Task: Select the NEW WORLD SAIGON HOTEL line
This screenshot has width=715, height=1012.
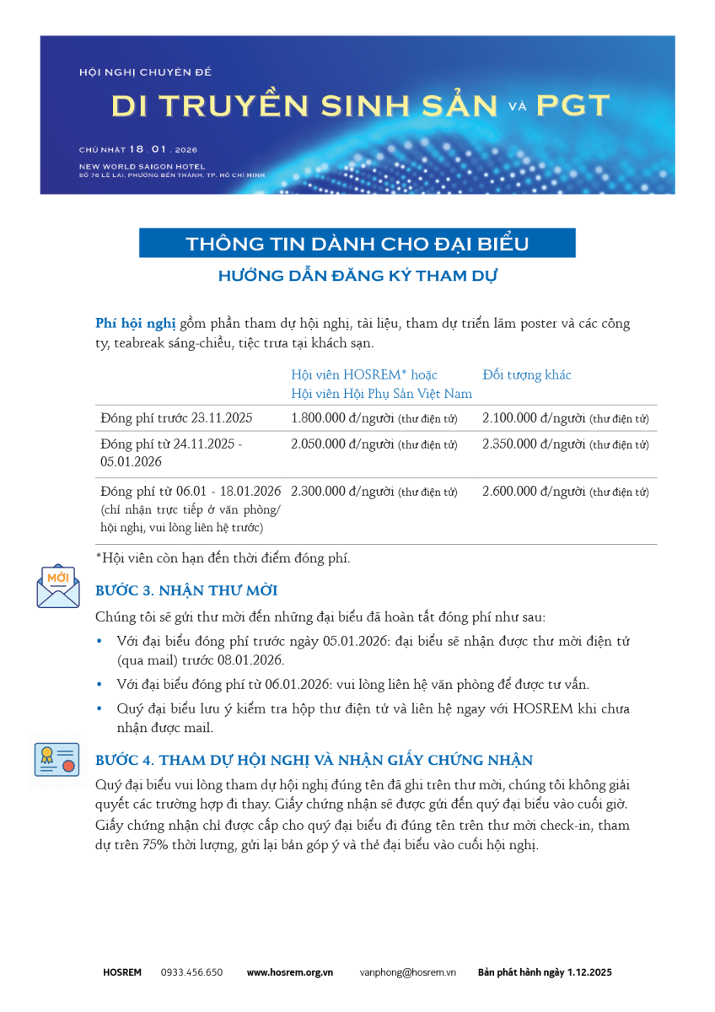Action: click(142, 166)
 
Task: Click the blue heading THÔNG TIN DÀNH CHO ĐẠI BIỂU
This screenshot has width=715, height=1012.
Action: click(357, 244)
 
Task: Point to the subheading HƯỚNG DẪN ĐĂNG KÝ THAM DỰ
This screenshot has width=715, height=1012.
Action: click(357, 275)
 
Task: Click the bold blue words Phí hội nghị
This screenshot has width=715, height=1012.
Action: click(136, 323)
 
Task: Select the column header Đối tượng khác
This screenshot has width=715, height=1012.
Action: click(527, 374)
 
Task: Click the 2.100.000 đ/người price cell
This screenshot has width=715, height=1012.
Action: click(534, 418)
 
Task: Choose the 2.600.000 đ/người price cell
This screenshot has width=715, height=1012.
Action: click(534, 491)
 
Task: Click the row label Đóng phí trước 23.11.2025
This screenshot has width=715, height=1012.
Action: click(175, 418)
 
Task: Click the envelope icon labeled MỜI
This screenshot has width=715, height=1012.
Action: click(58, 586)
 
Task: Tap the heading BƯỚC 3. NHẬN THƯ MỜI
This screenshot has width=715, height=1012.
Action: click(186, 590)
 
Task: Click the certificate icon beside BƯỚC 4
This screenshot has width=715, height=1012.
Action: click(57, 760)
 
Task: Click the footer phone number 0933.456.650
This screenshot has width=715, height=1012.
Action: click(191, 972)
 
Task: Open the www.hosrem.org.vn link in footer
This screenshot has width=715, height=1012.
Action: click(289, 972)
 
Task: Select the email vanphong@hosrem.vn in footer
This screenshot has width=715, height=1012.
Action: click(407, 972)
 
